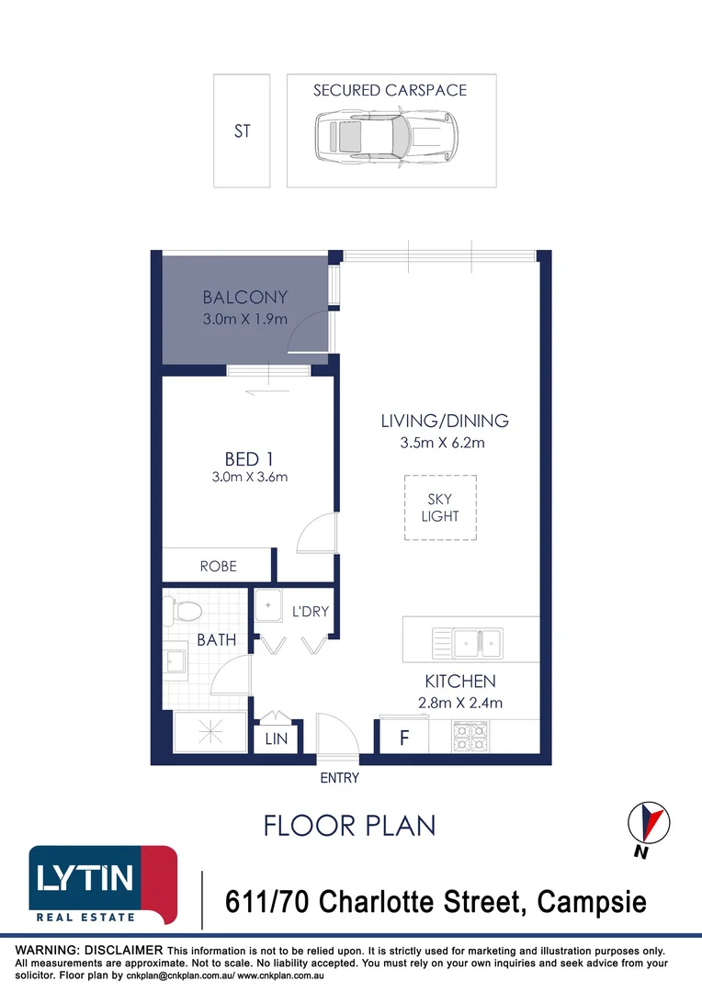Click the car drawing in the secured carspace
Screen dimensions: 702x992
[387, 137]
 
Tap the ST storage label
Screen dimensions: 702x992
[242, 131]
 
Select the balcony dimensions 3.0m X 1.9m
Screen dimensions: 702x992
[245, 319]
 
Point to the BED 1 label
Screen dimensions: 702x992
[248, 458]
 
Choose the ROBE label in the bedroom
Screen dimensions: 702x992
[219, 566]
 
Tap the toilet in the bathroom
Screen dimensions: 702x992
[182, 611]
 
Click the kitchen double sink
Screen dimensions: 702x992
[468, 643]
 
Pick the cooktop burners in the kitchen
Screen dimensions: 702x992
[470, 737]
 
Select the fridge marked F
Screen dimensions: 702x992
[404, 737]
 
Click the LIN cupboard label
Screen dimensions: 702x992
[276, 738]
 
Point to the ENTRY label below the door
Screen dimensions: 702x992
[339, 778]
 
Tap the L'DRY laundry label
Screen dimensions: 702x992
[311, 611]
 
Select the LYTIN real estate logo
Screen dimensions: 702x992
[103, 885]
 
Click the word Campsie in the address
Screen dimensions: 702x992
[591, 902]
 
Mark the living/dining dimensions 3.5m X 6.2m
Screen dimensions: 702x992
[443, 443]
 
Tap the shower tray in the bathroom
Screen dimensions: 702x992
[210, 732]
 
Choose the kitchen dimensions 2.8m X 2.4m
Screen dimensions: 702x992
[460, 703]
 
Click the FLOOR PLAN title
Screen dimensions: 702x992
[349, 826]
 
